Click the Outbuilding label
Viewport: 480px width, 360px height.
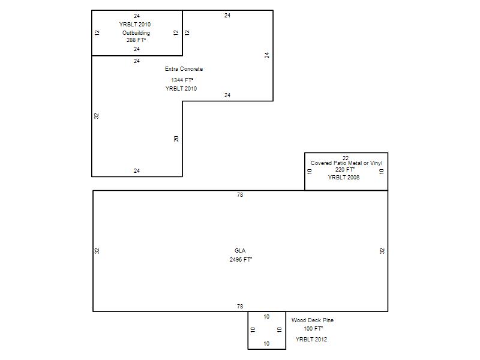(x=136, y=33)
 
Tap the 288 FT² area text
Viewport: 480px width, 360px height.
(x=136, y=40)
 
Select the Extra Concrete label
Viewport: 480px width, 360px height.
(x=184, y=69)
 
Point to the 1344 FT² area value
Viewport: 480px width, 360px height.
(x=182, y=80)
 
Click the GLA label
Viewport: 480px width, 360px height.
(x=240, y=250)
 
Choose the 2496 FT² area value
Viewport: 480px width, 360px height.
(x=241, y=259)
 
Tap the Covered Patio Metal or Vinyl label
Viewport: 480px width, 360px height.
(x=347, y=163)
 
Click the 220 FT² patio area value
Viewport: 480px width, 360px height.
(x=344, y=169)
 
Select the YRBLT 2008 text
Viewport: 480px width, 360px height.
(x=343, y=177)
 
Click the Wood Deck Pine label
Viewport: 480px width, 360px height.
(x=313, y=320)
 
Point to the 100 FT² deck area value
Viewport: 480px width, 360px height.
(x=313, y=328)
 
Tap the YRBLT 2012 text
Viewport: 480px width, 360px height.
(x=311, y=339)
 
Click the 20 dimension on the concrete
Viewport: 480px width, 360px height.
(x=176, y=139)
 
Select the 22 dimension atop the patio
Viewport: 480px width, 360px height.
(x=346, y=158)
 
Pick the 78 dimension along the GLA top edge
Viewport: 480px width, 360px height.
(x=240, y=194)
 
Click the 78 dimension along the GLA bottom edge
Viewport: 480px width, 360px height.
(x=240, y=306)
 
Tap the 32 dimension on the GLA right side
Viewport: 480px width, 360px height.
(x=382, y=251)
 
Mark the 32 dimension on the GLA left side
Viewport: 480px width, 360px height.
(x=97, y=251)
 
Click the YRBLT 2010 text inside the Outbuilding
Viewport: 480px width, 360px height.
(x=134, y=24)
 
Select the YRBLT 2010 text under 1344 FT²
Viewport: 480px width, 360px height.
(x=181, y=88)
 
